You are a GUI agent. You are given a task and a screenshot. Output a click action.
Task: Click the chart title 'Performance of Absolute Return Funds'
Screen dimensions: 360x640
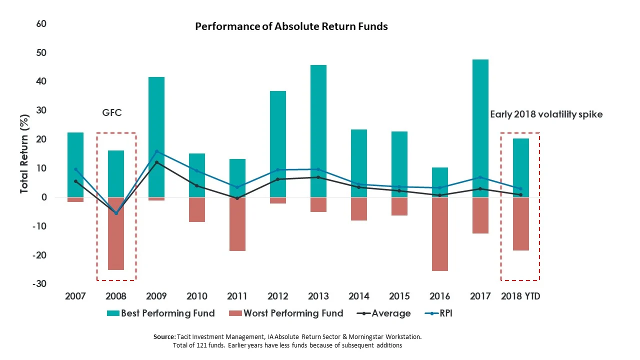(291, 26)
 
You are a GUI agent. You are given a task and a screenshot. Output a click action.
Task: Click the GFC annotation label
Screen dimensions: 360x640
(112, 113)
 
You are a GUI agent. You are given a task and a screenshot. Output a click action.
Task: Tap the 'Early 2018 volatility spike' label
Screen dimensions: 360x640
(546, 114)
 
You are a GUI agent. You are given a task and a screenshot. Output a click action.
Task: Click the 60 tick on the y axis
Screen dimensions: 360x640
(41, 23)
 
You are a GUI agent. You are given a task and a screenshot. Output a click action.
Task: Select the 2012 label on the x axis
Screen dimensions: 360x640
(278, 296)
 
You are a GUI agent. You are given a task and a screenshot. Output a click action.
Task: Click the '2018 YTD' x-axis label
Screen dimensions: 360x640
(520, 296)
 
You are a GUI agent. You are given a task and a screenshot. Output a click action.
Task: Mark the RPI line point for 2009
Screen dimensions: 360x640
(156, 151)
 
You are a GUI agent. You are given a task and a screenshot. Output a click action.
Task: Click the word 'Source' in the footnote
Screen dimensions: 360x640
(164, 337)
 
